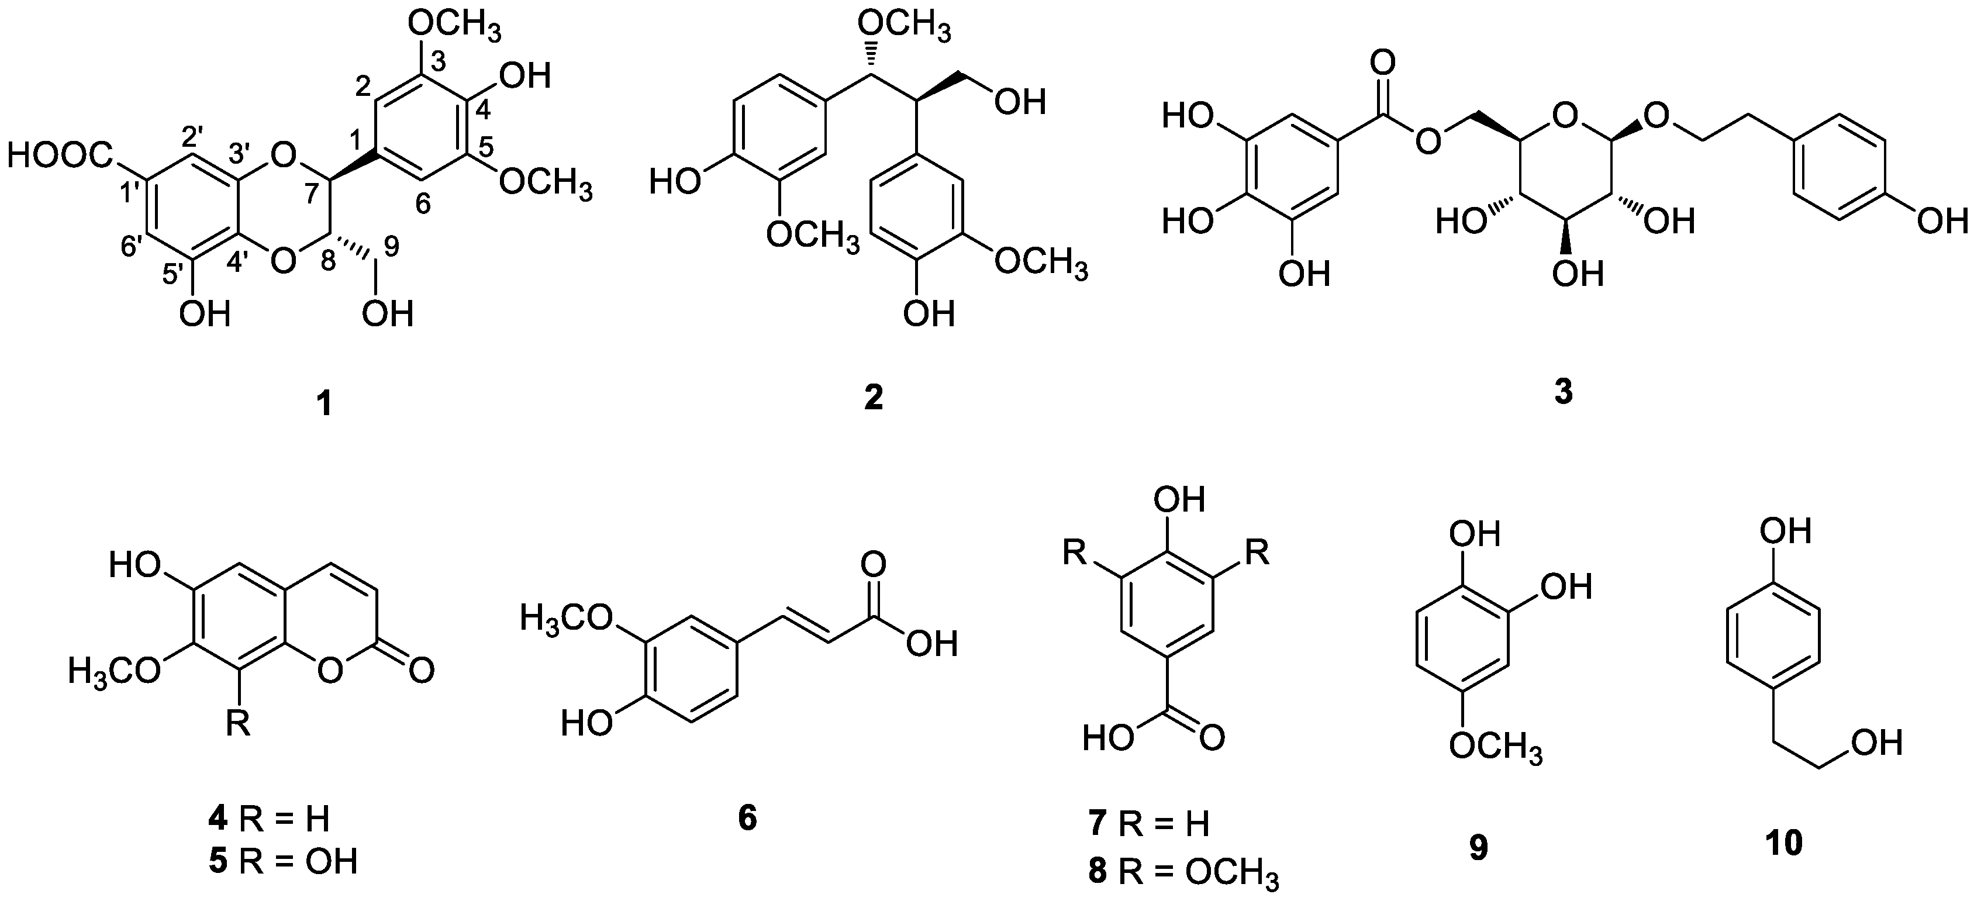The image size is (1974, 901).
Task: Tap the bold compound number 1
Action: pyautogui.click(x=326, y=403)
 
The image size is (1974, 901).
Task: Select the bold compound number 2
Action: pyautogui.click(x=873, y=398)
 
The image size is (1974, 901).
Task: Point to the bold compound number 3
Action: pyautogui.click(x=1564, y=392)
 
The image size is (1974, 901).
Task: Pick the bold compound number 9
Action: pyautogui.click(x=1478, y=847)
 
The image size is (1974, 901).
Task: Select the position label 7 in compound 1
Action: pyautogui.click(x=311, y=194)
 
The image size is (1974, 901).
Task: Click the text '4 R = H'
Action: pyautogui.click(x=269, y=820)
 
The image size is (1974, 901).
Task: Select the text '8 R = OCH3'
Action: pyautogui.click(x=1183, y=874)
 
